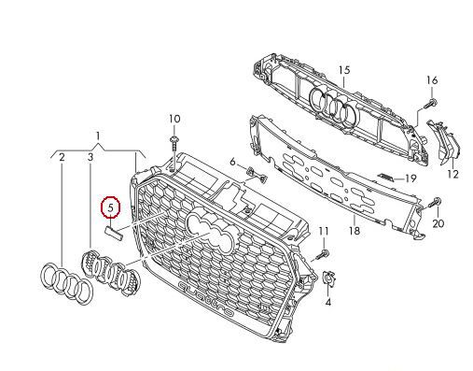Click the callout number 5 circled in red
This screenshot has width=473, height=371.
tap(111, 207)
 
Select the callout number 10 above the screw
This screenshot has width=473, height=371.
tap(174, 119)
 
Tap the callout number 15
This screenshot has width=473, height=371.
tap(344, 70)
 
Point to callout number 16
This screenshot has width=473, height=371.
tap(432, 80)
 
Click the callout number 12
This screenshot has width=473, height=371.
tap(453, 174)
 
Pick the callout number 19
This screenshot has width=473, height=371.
tap(410, 178)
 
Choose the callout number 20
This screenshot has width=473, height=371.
tap(438, 223)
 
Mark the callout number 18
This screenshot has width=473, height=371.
tap(355, 231)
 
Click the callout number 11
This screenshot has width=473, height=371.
tap(324, 231)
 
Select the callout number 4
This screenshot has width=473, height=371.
tap(328, 302)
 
